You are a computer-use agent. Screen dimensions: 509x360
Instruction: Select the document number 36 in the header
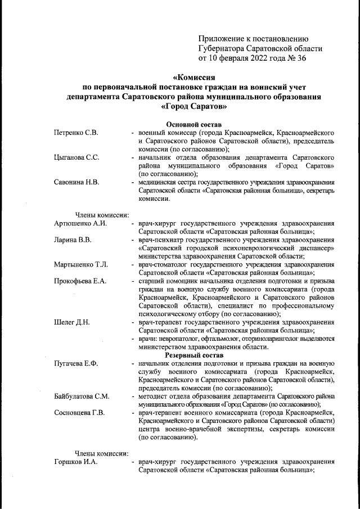point(301,57)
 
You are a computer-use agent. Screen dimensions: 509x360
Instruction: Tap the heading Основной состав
point(194,124)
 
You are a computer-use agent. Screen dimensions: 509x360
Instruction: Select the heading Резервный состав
point(194,355)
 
